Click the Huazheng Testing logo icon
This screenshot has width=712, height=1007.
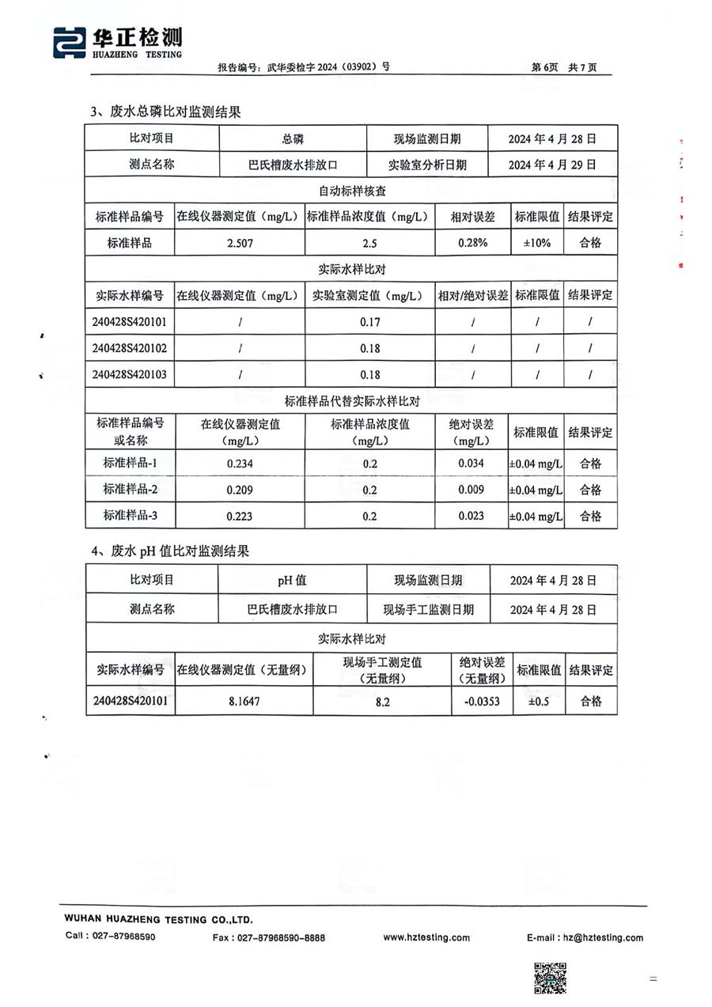click(70, 43)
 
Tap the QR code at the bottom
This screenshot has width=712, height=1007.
click(550, 978)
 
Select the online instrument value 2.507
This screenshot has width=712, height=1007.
click(240, 243)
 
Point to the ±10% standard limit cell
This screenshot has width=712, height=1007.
click(537, 243)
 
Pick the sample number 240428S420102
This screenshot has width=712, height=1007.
click(130, 348)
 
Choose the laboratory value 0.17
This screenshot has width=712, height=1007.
click(369, 322)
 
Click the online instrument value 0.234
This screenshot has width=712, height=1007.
click(240, 464)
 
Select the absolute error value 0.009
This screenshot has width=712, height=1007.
click(471, 490)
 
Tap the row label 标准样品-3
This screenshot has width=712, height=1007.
click(130, 516)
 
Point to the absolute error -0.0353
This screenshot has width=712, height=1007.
click(481, 701)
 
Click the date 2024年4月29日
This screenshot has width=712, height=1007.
click(552, 165)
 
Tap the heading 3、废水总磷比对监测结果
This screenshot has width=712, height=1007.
click(165, 112)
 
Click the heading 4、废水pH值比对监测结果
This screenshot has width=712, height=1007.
click(170, 551)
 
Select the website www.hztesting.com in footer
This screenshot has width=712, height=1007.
click(426, 937)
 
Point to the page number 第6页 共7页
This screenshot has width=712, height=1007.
click(564, 67)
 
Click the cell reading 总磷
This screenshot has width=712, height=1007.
click(293, 139)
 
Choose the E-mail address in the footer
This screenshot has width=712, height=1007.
click(585, 937)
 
